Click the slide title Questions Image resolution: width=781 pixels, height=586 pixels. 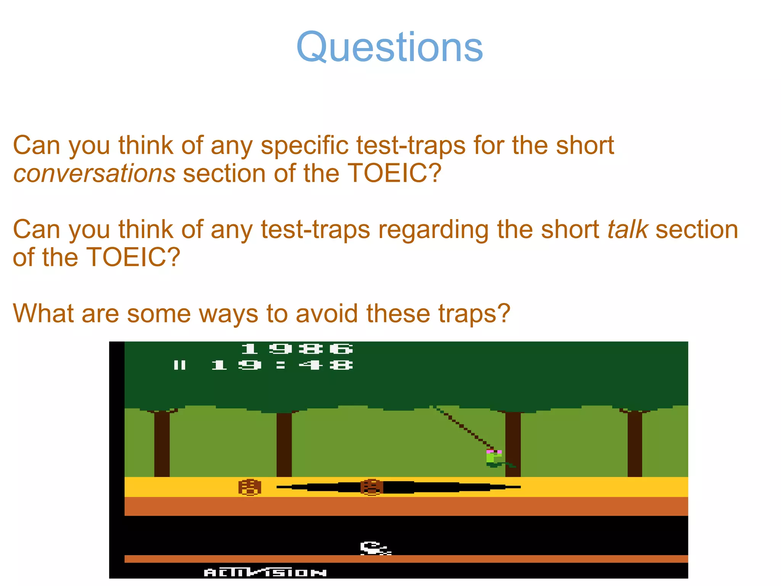pyautogui.click(x=389, y=47)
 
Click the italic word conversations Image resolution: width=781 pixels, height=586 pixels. pyautogui.click(x=94, y=174)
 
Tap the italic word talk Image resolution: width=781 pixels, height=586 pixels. pyautogui.click(x=627, y=230)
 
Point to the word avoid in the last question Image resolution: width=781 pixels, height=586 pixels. pyautogui.click(x=327, y=314)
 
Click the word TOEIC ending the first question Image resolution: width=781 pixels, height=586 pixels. pyautogui.click(x=394, y=174)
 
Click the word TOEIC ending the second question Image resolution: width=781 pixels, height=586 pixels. pyautogui.click(x=133, y=258)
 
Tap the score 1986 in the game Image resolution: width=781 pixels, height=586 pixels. pyautogui.click(x=297, y=349)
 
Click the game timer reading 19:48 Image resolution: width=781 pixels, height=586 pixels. pyautogui.click(x=282, y=365)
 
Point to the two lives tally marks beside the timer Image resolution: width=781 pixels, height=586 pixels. pyautogui.click(x=180, y=365)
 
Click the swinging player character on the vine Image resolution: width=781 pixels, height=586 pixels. pyautogui.click(x=494, y=458)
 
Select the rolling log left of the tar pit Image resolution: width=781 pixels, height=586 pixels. pyautogui.click(x=250, y=487)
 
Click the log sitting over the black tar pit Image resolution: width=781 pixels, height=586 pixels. pyautogui.click(x=371, y=487)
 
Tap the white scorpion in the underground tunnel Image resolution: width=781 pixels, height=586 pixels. pyautogui.click(x=375, y=548)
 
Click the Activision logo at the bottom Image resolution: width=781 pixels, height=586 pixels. pyautogui.click(x=265, y=572)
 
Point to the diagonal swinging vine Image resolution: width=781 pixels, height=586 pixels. pyautogui.click(x=463, y=428)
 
